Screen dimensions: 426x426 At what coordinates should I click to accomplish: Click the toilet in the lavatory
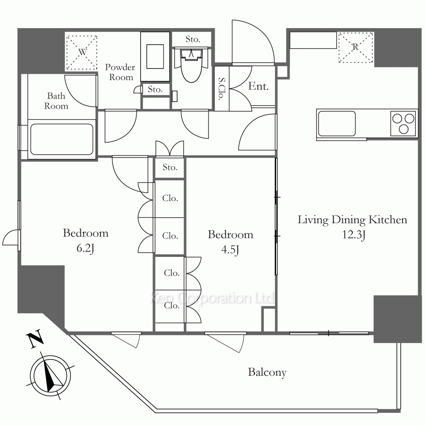192,65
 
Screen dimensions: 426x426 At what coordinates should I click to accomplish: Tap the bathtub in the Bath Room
62,139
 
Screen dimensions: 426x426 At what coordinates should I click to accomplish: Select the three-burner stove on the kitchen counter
403,123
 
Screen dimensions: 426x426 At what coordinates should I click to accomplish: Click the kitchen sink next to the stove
337,124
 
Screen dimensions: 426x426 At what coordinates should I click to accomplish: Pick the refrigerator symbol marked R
356,48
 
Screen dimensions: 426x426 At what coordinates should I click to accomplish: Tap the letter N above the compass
35,339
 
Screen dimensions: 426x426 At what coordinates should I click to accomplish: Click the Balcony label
267,372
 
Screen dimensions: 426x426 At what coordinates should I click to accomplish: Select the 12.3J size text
354,234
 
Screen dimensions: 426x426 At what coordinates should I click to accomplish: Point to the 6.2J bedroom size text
85,248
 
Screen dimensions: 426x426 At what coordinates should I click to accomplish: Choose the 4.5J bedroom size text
230,249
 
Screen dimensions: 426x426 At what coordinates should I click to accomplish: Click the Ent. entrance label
259,86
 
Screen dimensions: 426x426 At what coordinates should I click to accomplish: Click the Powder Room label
120,72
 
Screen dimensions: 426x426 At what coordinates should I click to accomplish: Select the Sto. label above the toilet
193,39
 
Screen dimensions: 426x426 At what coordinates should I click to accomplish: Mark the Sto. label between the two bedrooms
170,167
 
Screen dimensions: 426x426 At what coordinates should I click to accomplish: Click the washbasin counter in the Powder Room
155,56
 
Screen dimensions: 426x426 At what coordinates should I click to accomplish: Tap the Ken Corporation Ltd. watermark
212,298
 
